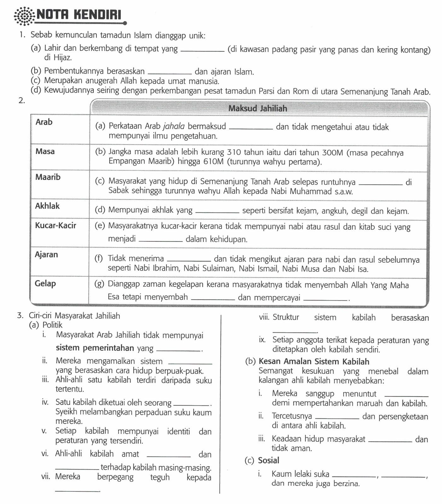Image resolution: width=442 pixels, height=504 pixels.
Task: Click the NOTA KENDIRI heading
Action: [x=79, y=14]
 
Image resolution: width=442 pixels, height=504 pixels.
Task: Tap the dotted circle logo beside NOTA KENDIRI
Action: [x=24, y=16]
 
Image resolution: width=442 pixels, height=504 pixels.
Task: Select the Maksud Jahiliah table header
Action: [x=258, y=108]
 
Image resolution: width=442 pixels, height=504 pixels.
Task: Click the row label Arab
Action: [x=44, y=122]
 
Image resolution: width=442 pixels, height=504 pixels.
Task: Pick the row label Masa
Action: [x=45, y=152]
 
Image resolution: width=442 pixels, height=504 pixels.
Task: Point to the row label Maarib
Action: [x=48, y=177]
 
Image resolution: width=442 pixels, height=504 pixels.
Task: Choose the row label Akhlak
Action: [x=47, y=206]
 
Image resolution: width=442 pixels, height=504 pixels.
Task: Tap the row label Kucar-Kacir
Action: [x=55, y=226]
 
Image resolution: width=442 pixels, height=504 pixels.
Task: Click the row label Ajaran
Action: [x=46, y=255]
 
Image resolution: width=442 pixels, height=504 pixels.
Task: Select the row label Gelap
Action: [x=45, y=283]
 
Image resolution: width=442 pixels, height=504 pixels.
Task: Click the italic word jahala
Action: [x=174, y=126]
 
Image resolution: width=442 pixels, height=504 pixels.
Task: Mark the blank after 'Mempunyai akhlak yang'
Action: [x=217, y=212]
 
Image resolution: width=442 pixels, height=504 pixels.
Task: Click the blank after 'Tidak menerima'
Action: [x=189, y=260]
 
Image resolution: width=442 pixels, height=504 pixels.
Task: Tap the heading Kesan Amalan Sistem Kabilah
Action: [x=314, y=362]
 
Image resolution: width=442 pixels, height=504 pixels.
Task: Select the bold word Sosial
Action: [x=269, y=461]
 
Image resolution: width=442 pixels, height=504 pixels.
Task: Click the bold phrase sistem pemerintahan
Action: [x=95, y=348]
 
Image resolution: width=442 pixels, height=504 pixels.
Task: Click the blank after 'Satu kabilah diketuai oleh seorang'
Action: [x=192, y=404]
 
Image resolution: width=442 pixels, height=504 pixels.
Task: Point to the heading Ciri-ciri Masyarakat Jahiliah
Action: [x=74, y=316]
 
